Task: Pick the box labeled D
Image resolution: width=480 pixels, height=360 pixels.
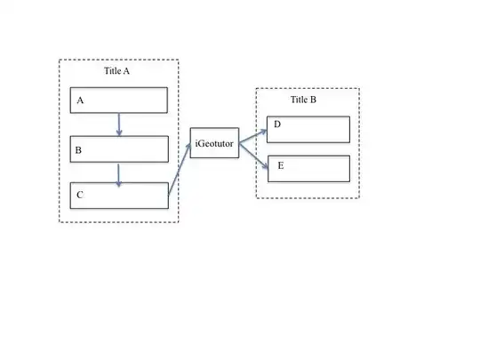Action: (x=308, y=130)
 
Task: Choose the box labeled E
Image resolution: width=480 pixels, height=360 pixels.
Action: (x=308, y=169)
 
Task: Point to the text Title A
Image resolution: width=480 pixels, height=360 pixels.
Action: (x=118, y=71)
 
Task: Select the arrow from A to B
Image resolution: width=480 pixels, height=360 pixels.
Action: (x=119, y=124)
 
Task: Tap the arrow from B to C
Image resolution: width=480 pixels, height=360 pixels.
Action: (x=119, y=173)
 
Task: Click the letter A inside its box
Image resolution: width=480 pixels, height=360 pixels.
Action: (x=80, y=101)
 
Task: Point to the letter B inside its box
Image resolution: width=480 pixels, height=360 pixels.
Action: (x=78, y=151)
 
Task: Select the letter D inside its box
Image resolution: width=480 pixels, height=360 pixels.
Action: (x=277, y=124)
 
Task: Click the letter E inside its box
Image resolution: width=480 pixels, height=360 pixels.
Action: (x=281, y=165)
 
